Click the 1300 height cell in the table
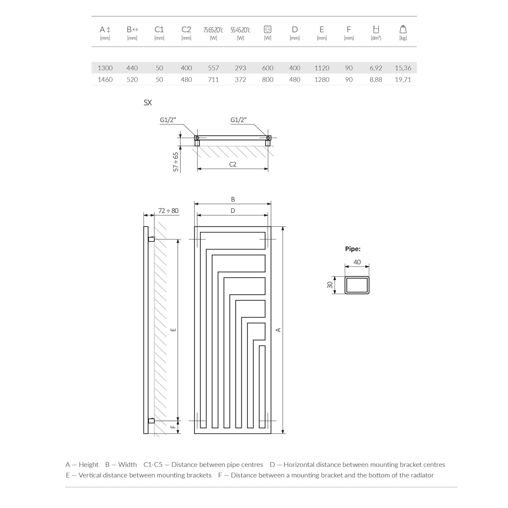coord(105,68)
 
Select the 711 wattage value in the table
coord(213,80)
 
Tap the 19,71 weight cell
coord(403,80)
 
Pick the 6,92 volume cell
coord(376,68)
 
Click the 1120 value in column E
coord(322,68)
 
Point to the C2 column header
coord(186,29)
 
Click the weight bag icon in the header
coord(403,29)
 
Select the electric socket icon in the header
coord(267,29)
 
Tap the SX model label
coord(148,103)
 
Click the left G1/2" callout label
coord(168,120)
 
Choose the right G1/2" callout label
coord(239,120)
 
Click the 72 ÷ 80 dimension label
coord(168,211)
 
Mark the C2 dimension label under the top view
coord(233,164)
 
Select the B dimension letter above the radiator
coord(233,199)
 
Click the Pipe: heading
coord(353,249)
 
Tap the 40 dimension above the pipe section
coord(357,262)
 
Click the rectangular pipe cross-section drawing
coord(357,285)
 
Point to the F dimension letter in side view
coord(173,426)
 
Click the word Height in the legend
coord(88,465)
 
